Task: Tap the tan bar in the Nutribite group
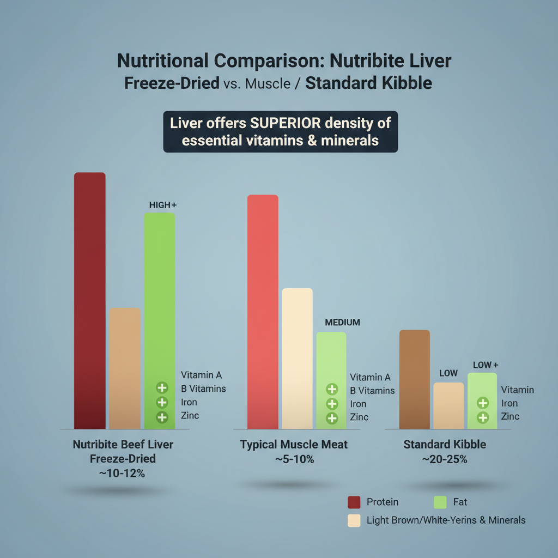[125, 368]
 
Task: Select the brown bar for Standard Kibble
[415, 379]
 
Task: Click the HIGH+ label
[163, 205]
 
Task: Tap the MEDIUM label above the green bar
[342, 322]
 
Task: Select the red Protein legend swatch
[354, 502]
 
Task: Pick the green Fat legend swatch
[439, 502]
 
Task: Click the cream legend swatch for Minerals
[354, 520]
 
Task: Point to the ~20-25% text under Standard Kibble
[445, 459]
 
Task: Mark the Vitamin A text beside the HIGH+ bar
[201, 375]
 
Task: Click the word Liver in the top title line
[432, 60]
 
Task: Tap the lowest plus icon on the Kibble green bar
[482, 418]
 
